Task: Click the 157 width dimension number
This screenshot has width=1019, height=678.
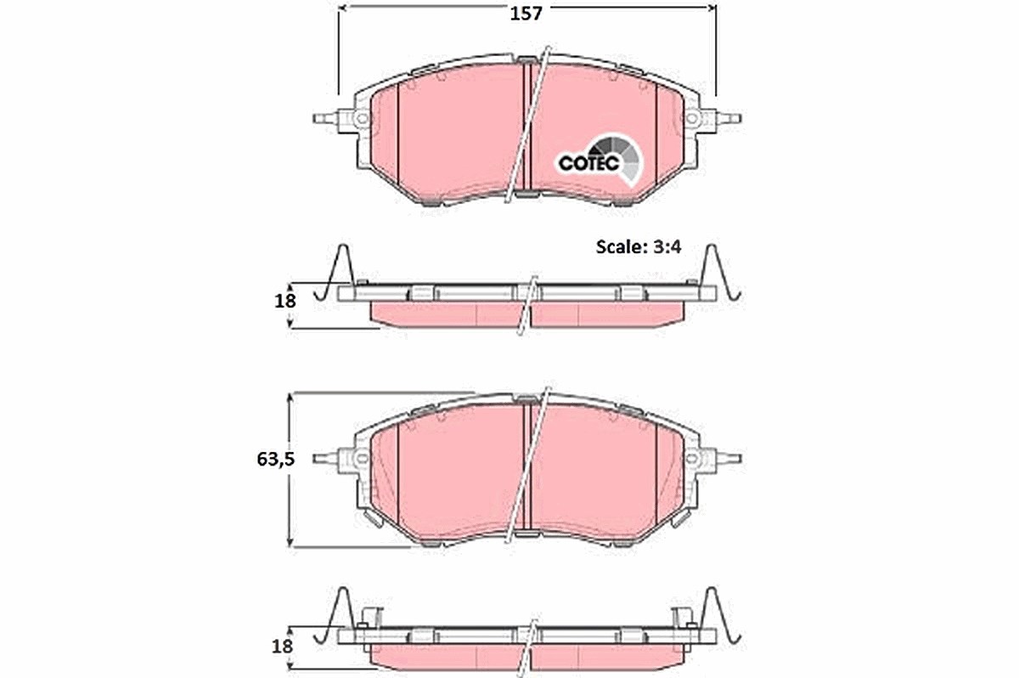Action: [x=526, y=14]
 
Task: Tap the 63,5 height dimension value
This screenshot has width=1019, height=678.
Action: [x=276, y=459]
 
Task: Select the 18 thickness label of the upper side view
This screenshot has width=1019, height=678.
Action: [x=285, y=301]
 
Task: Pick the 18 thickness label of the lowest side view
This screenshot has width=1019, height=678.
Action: [x=282, y=647]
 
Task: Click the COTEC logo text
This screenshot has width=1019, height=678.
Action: [x=588, y=163]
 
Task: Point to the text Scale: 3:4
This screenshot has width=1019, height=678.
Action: [x=639, y=247]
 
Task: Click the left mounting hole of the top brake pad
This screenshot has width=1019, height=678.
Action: [x=362, y=119]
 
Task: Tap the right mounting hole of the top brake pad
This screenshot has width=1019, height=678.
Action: [x=691, y=119]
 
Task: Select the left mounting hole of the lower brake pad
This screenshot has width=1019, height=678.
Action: [x=362, y=458]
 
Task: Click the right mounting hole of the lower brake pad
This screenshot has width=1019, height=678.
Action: [x=691, y=458]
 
